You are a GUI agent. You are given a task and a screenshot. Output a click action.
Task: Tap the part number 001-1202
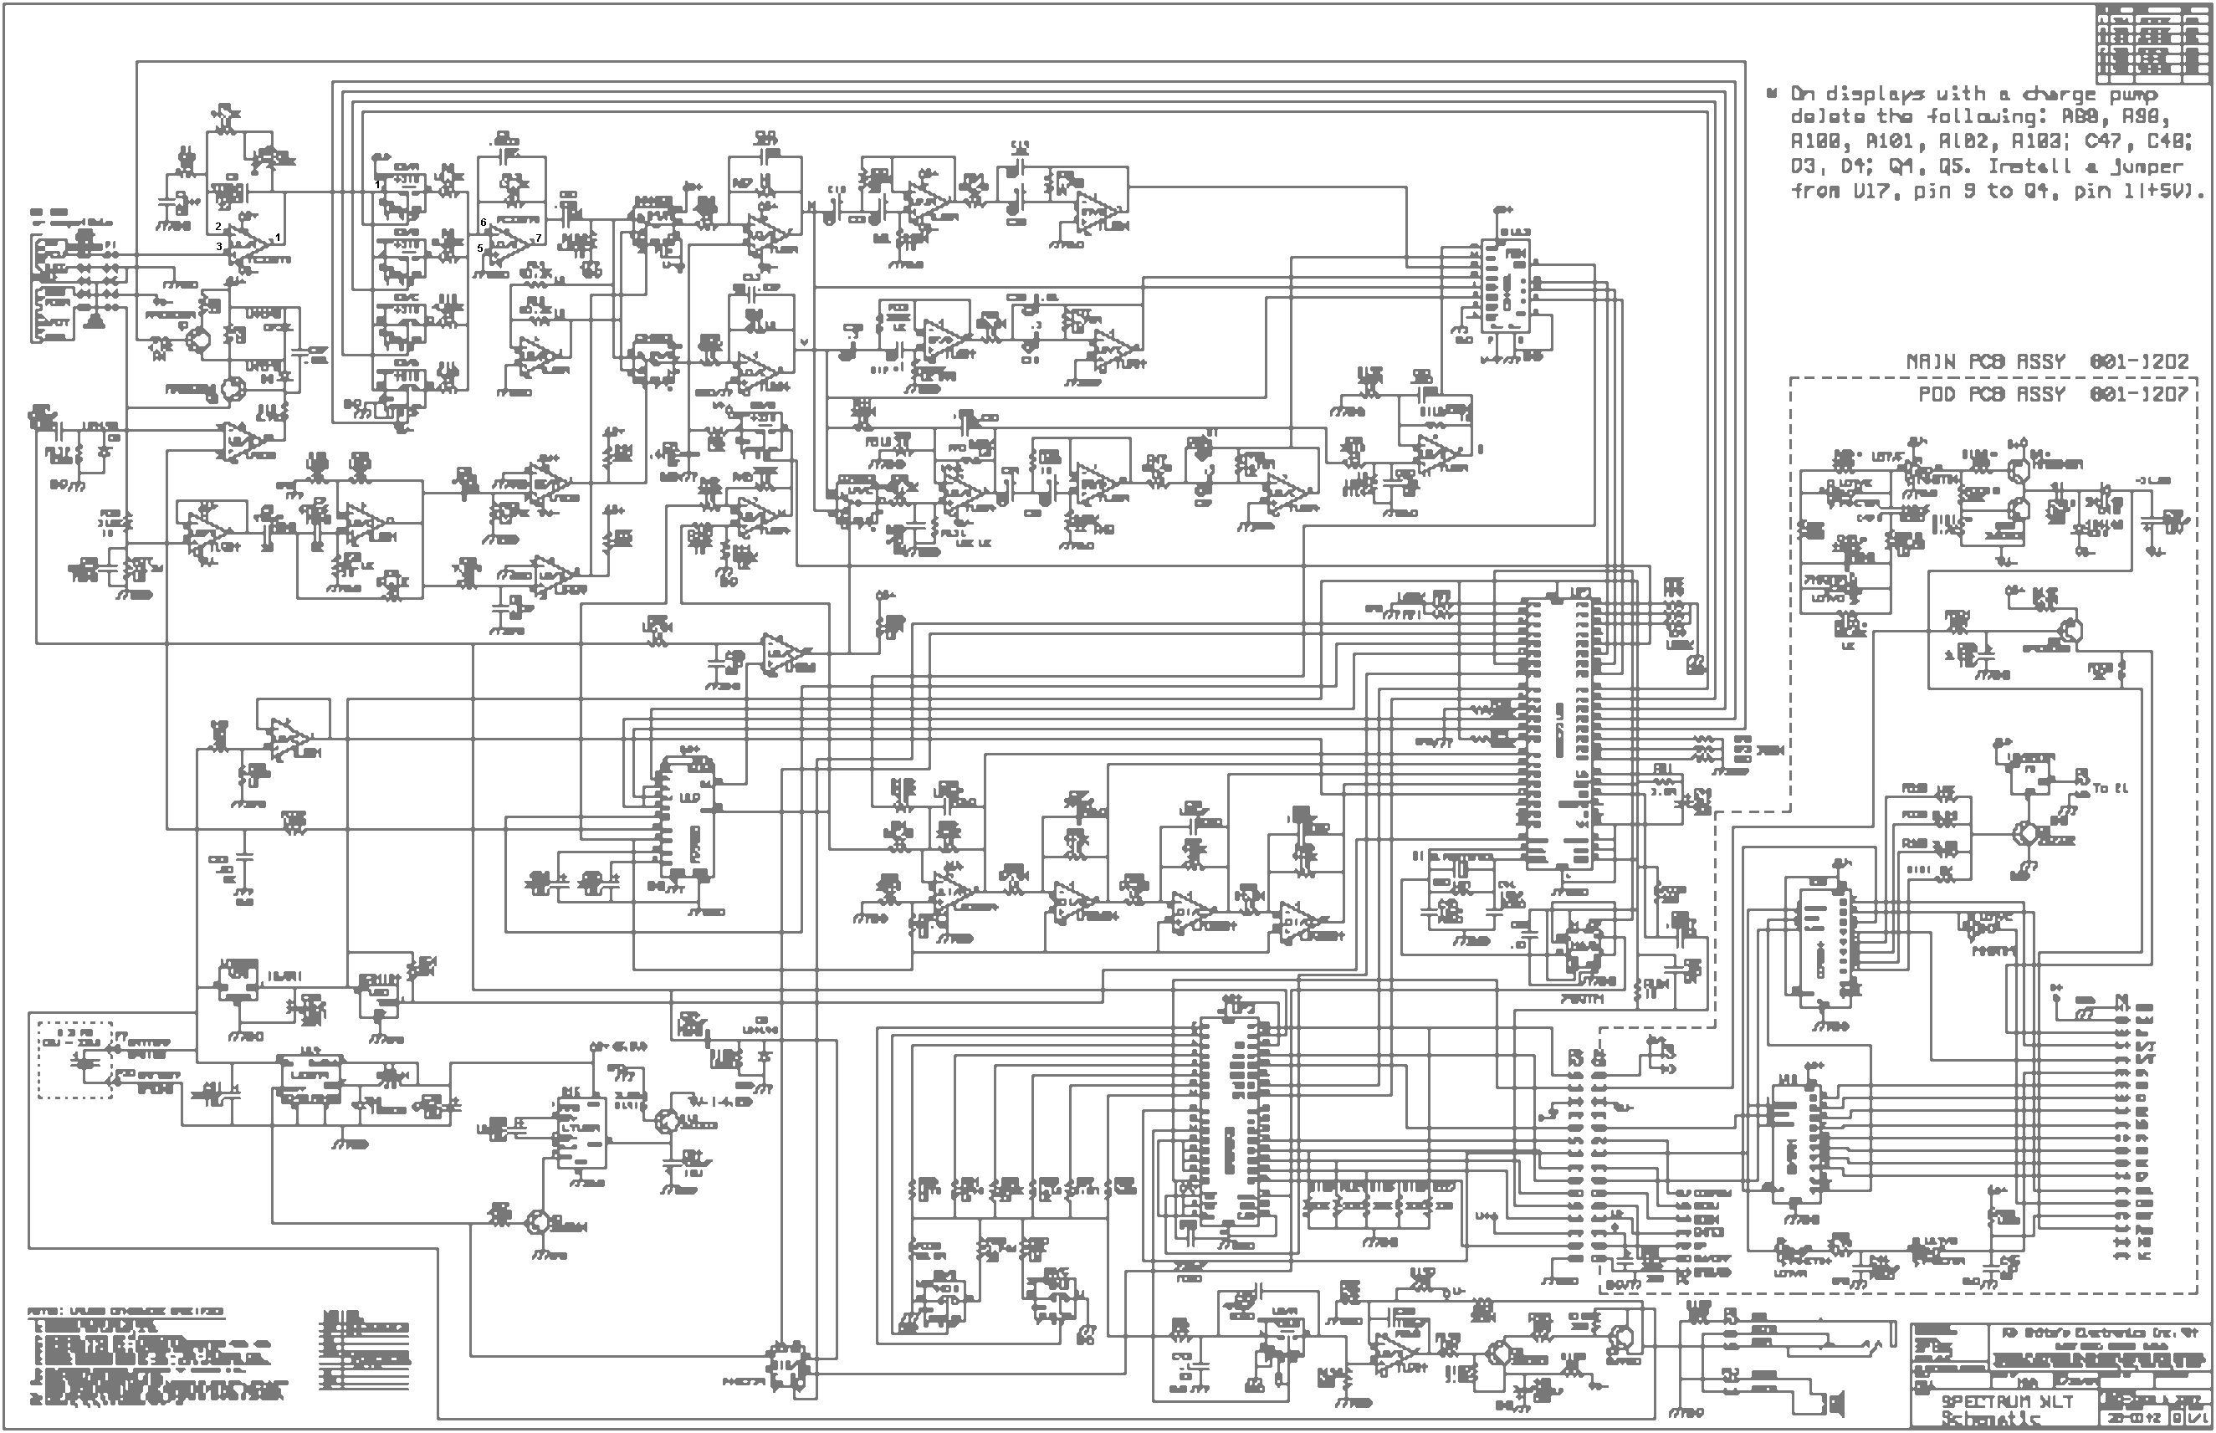2139,361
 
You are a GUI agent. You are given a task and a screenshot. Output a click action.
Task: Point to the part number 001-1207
2139,395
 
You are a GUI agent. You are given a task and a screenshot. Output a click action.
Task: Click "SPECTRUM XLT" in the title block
2005,1401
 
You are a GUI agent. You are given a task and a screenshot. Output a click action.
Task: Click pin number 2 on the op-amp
218,226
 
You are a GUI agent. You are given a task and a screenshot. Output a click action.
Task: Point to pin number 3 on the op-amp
219,247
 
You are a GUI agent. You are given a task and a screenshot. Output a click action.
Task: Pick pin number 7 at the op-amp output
538,238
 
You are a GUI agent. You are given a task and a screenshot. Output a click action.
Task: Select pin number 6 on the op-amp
483,223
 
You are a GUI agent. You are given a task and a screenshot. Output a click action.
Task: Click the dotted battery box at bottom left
74,1059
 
